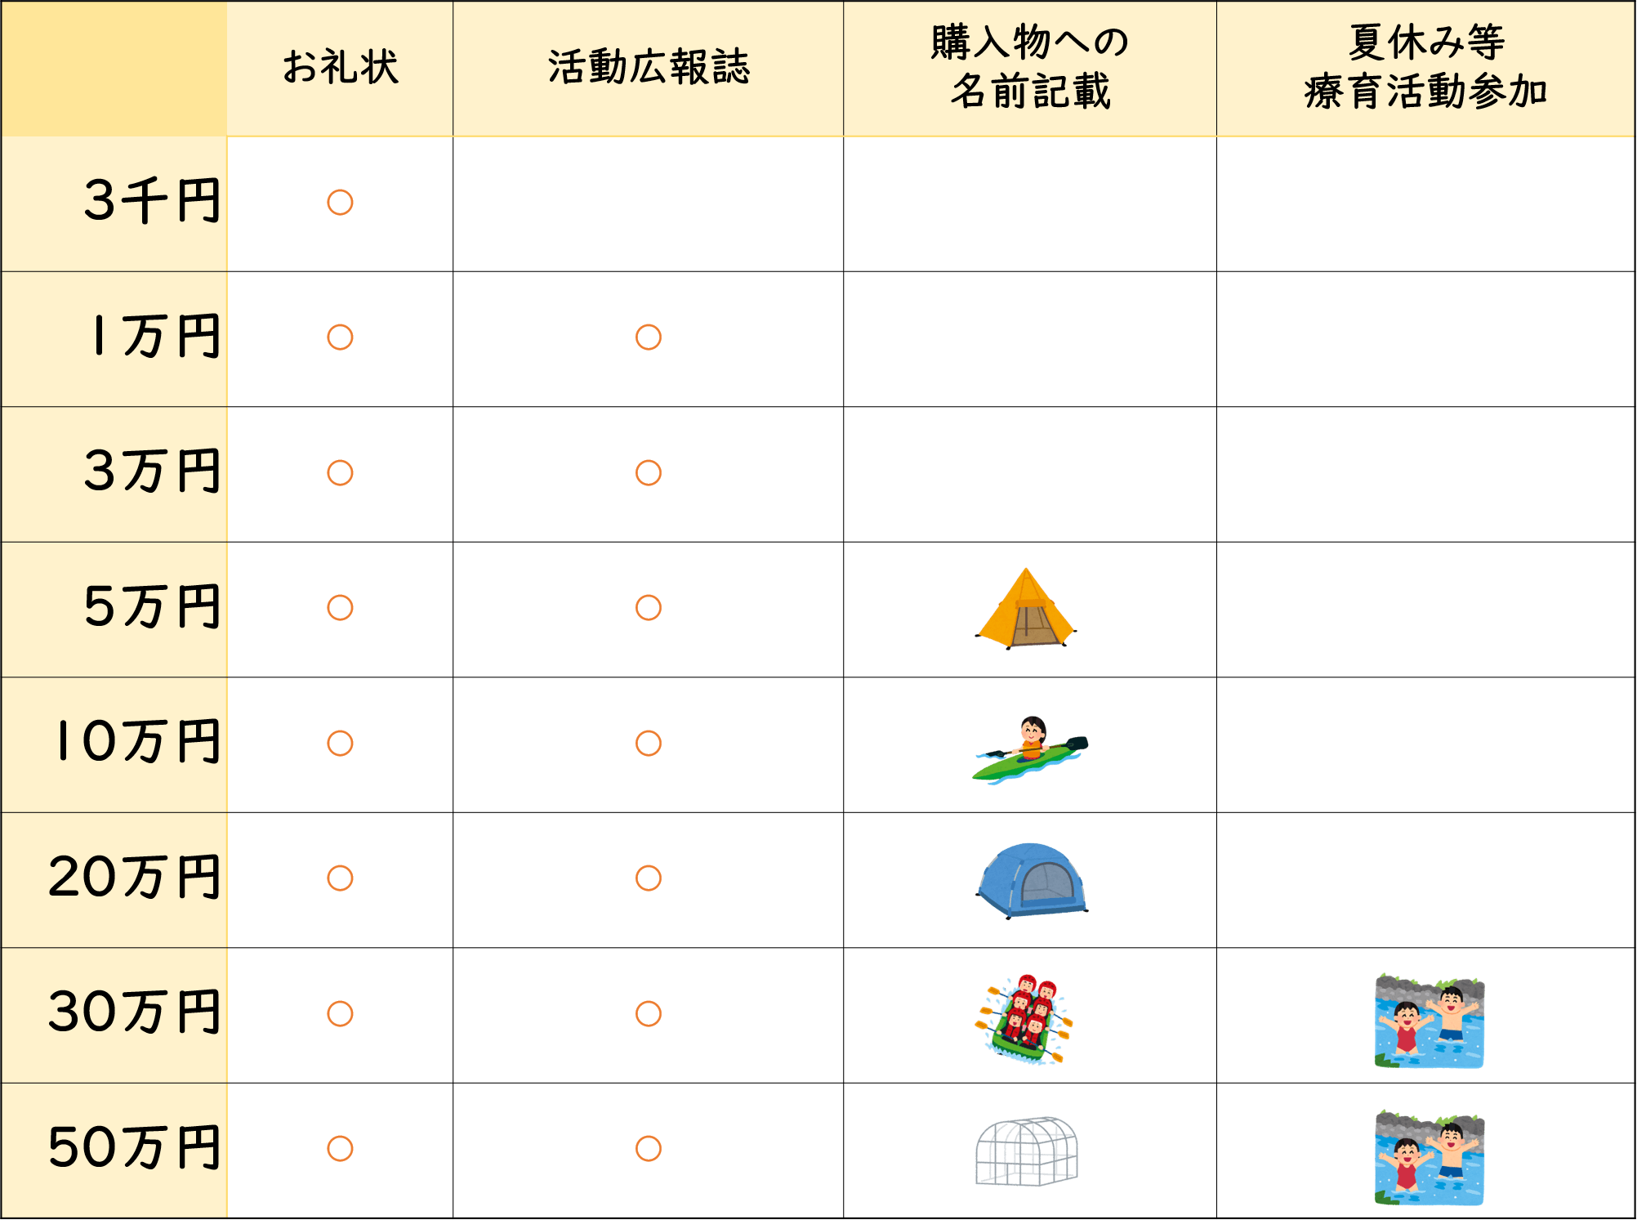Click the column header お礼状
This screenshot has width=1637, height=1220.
(341, 67)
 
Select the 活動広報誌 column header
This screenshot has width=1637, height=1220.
(649, 67)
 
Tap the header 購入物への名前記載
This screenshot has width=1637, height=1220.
(1030, 67)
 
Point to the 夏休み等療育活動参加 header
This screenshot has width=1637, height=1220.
(1426, 67)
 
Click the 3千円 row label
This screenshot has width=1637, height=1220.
(153, 201)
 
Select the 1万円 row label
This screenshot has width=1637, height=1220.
(156, 336)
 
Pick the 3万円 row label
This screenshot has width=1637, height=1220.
(153, 471)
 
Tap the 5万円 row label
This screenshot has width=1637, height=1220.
(153, 606)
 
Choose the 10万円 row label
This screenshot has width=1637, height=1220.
(138, 742)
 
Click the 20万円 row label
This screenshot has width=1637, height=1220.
(135, 877)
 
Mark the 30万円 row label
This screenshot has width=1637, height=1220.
(135, 1012)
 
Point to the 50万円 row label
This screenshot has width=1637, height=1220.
(135, 1147)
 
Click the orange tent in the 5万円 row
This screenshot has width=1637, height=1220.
(1026, 609)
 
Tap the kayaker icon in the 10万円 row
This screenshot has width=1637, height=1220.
(1030, 750)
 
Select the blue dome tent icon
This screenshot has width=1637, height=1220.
(1032, 881)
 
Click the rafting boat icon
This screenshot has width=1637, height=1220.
(1024, 1018)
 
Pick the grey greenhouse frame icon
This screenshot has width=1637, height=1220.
(1027, 1151)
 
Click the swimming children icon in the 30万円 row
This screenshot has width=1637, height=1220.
(1430, 1021)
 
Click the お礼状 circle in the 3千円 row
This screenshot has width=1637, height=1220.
(340, 203)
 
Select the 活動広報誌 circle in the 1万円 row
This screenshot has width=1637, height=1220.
(649, 337)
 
